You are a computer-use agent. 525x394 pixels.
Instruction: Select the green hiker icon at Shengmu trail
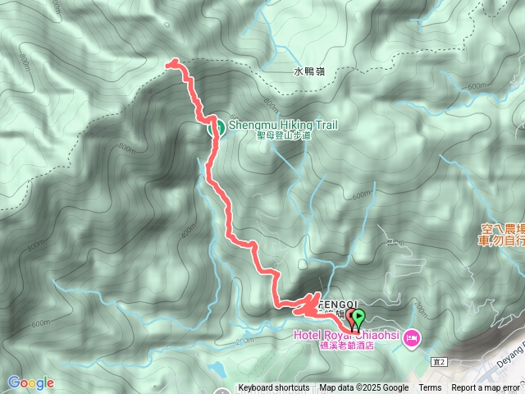[x=217, y=127]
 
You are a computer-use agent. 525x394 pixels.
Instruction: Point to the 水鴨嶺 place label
[x=310, y=71]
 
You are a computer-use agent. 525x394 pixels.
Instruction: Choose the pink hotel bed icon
[x=412, y=337]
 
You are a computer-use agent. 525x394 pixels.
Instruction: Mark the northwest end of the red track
[x=170, y=62]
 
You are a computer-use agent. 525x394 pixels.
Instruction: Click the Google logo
[x=30, y=383]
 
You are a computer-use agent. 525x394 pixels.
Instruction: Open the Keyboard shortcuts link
[x=274, y=388]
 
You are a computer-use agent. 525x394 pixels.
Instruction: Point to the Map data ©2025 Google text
[x=364, y=388]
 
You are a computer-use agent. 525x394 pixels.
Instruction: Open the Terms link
[x=430, y=388]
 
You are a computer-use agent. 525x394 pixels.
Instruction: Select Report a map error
[x=486, y=388]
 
